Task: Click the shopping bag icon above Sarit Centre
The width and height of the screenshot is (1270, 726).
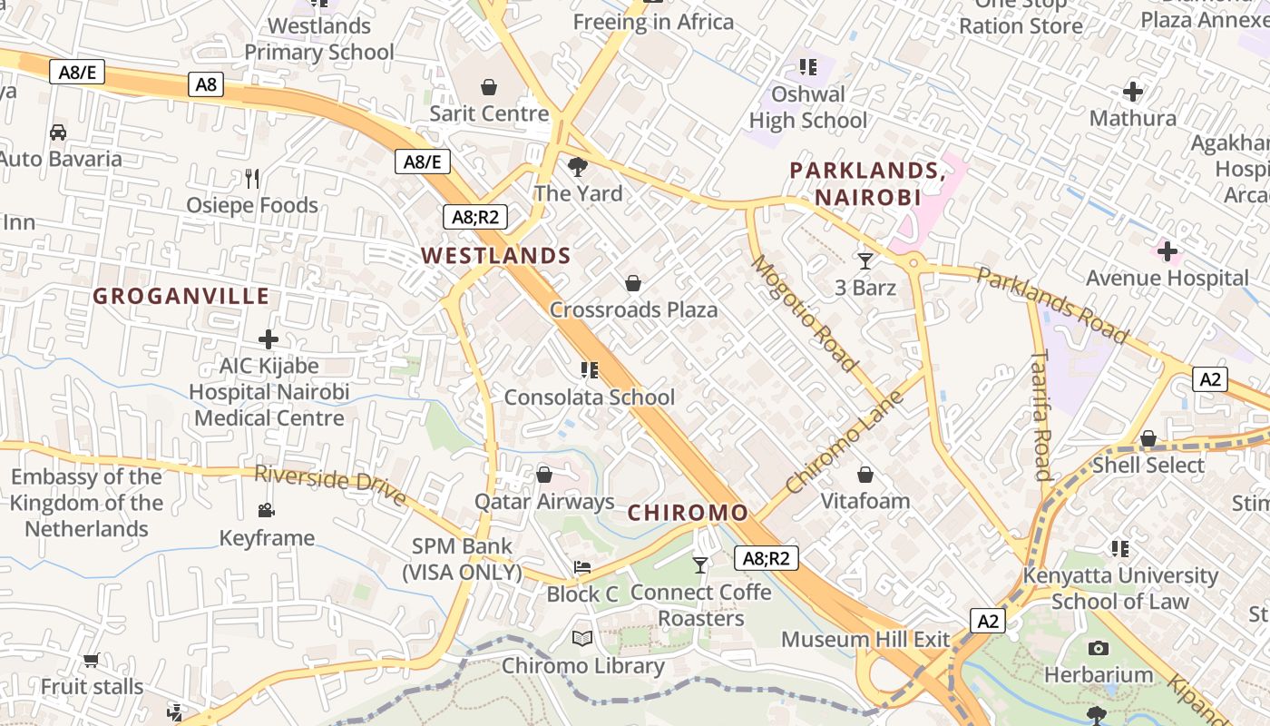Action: [x=489, y=87]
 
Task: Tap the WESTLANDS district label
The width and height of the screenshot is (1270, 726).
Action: [x=496, y=256]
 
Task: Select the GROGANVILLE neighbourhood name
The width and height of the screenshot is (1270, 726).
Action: [x=181, y=296]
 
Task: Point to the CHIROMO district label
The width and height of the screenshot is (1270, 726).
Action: [x=689, y=513]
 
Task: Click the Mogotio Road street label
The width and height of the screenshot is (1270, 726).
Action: [x=805, y=314]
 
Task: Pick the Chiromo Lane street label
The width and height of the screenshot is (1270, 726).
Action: [x=845, y=442]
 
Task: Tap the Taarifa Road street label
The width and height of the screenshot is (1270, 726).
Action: [x=1040, y=415]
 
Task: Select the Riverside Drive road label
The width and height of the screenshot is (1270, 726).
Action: [x=330, y=485]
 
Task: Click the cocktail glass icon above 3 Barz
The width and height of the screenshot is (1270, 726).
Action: [x=865, y=261]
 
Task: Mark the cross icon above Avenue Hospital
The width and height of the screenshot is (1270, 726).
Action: [x=1167, y=251]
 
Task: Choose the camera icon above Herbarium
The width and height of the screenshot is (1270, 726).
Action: [x=1099, y=648]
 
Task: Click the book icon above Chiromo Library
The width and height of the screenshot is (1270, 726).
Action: [x=582, y=639]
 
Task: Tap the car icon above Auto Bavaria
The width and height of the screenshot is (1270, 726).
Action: [x=58, y=132]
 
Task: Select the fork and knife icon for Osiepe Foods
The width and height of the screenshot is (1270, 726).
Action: [x=252, y=179]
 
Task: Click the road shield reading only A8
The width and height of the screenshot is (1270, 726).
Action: [x=206, y=84]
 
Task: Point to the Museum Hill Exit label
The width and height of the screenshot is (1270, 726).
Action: [x=865, y=639]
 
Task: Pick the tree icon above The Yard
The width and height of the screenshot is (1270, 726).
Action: [x=577, y=167]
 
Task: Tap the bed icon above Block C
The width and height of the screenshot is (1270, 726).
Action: [x=582, y=567]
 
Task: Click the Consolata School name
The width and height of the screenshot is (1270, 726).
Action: [x=589, y=397]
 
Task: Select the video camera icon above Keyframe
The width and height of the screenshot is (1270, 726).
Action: [x=266, y=511]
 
